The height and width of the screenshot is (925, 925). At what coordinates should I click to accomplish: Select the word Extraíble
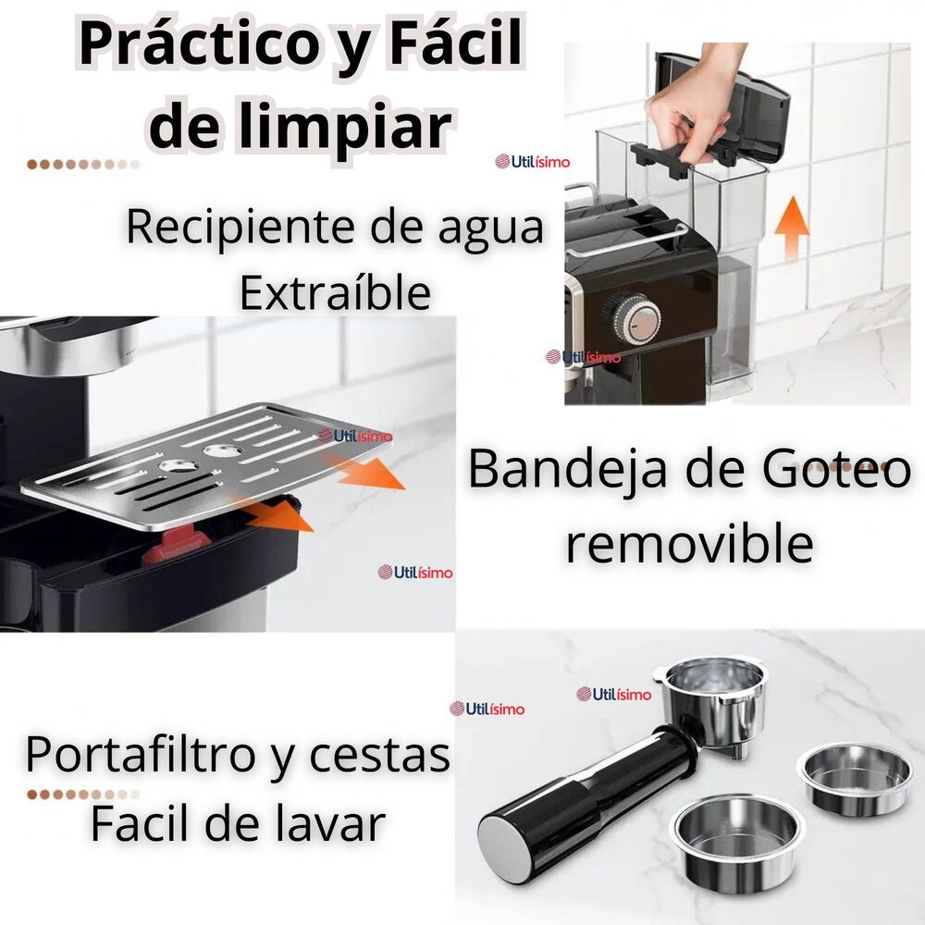[335, 292]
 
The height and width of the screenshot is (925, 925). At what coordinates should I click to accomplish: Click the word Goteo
[836, 470]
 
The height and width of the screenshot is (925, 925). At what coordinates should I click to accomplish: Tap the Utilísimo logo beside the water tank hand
[533, 161]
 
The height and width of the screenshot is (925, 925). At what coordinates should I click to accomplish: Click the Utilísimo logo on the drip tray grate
[355, 436]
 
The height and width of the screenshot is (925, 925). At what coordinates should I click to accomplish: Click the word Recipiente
[239, 228]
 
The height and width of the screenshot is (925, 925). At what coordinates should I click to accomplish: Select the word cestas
[380, 755]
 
